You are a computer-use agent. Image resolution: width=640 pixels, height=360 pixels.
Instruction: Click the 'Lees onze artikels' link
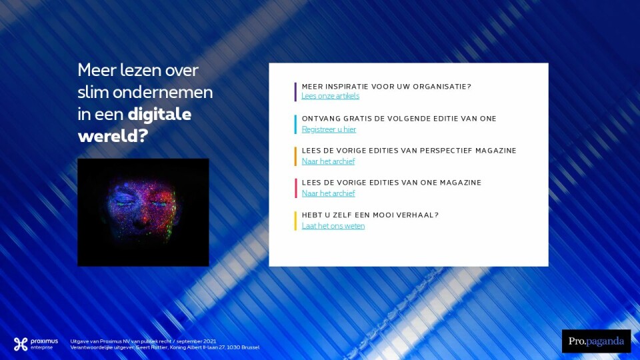click(x=330, y=96)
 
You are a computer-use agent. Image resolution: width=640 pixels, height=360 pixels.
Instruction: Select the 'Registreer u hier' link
click(x=329, y=129)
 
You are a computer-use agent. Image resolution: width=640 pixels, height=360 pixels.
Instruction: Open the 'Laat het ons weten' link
click(x=333, y=226)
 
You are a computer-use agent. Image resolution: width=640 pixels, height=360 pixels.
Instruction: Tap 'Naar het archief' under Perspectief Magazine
click(x=328, y=161)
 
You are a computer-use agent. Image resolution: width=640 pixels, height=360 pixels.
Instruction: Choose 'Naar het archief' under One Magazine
click(x=328, y=193)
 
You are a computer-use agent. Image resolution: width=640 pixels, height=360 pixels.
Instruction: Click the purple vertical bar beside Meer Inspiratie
click(x=295, y=92)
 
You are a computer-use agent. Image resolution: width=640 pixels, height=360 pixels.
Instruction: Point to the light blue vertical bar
click(x=295, y=125)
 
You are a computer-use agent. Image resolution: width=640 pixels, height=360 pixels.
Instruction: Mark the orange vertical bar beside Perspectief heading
click(x=295, y=156)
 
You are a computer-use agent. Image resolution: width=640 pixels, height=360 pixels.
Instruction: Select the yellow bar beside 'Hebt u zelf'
click(x=295, y=221)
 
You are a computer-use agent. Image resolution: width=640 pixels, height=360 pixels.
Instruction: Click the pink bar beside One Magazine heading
click(x=295, y=188)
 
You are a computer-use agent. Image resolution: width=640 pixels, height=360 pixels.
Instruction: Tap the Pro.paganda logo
click(x=596, y=341)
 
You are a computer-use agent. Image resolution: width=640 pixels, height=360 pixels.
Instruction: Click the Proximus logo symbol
click(x=21, y=344)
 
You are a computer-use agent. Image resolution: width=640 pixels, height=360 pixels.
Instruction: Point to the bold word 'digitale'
click(x=159, y=114)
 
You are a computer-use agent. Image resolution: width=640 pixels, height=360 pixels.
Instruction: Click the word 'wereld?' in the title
click(x=113, y=136)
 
